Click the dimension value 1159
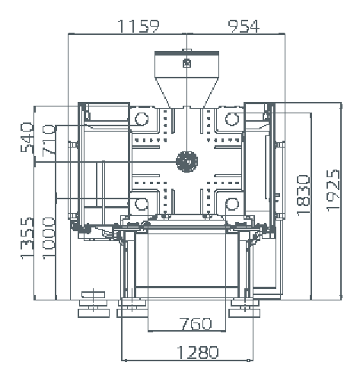pyautogui.click(x=139, y=26)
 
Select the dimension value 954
pyautogui.click(x=244, y=26)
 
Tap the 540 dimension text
pyautogui.click(x=27, y=138)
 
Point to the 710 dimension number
pyautogui.click(x=48, y=140)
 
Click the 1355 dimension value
pyautogui.click(x=27, y=238)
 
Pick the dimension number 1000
pyautogui.click(x=48, y=238)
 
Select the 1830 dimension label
pyautogui.click(x=304, y=195)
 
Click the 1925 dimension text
pyautogui.click(x=333, y=191)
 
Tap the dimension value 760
pyautogui.click(x=196, y=324)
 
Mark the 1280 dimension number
pyautogui.click(x=197, y=352)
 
